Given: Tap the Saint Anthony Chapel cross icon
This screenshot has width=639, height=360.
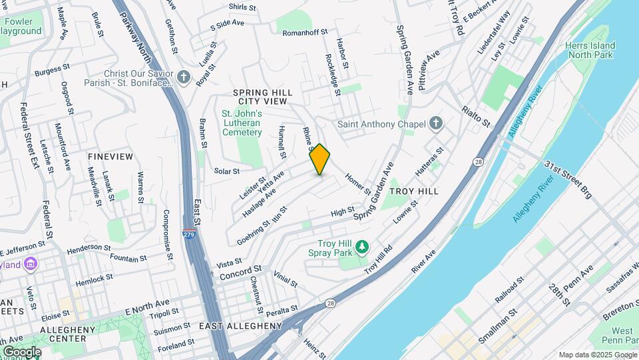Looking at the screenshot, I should tap(436, 123).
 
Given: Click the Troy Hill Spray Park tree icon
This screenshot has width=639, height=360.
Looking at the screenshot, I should tap(362, 248).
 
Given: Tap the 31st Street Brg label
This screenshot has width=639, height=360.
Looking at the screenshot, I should tap(567, 179).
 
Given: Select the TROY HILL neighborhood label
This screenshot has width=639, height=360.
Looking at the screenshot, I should tap(414, 191).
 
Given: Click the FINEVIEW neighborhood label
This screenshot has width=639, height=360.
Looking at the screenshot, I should tap(110, 157).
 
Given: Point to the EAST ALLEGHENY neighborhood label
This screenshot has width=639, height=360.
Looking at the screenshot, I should tap(241, 326).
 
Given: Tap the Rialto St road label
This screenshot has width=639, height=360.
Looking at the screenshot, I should tap(476, 116).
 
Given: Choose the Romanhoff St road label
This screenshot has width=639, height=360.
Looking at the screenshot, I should tap(306, 32).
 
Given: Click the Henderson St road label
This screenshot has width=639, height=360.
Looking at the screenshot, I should tap(88, 247).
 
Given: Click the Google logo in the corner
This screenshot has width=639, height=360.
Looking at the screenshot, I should tap(21, 351).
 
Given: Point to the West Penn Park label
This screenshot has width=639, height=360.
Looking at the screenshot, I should tap(622, 335).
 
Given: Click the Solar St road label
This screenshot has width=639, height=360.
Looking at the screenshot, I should tap(226, 171).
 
